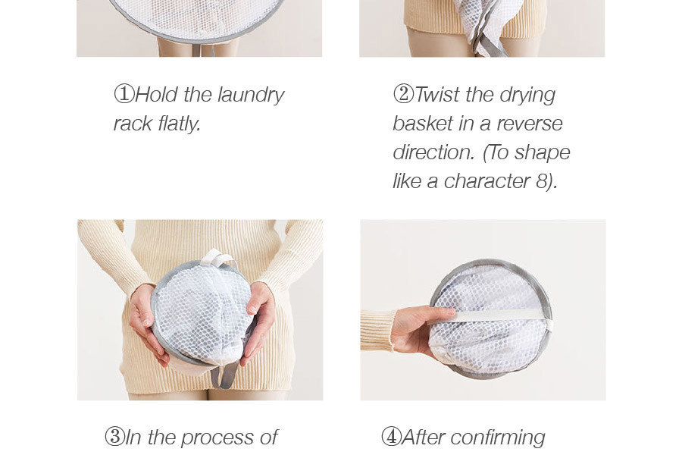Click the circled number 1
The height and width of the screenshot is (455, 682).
point(124,94)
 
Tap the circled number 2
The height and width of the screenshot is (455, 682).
point(403,94)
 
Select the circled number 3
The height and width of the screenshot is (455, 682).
point(115,437)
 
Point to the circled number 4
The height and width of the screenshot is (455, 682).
point(391,437)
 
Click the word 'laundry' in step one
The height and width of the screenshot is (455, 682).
point(251,96)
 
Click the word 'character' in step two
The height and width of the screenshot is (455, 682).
point(486,181)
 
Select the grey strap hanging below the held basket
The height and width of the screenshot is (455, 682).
point(228,374)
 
